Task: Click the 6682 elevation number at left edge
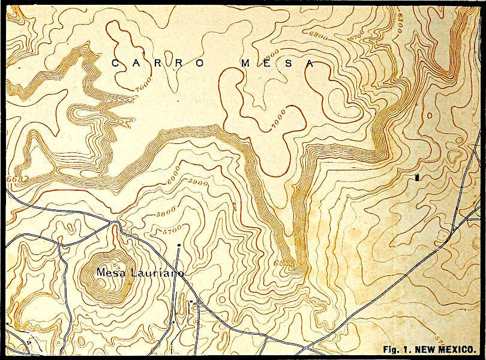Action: coord(12,179)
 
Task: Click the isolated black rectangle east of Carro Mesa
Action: coord(416,178)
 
